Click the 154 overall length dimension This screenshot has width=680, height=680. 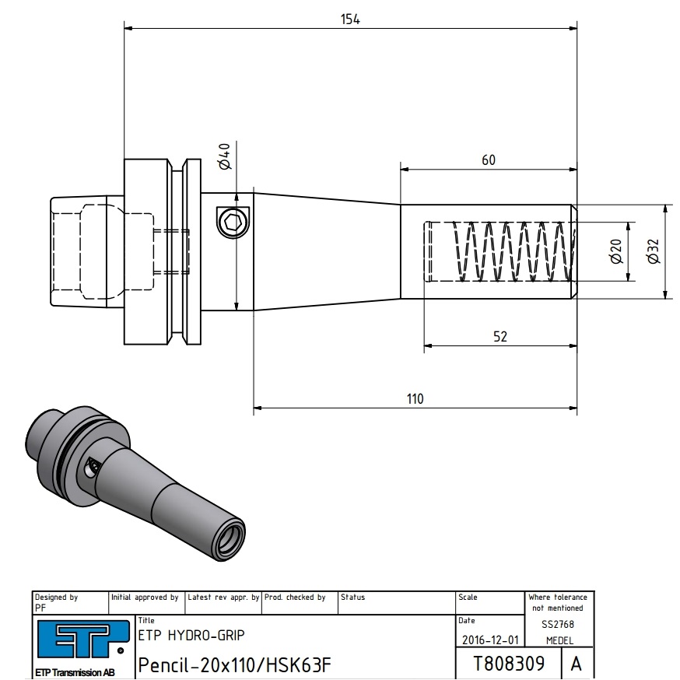350,19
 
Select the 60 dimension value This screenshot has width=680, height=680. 488,160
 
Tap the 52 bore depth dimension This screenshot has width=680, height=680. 499,337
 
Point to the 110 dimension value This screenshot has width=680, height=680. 415,399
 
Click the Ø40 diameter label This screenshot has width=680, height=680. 225,157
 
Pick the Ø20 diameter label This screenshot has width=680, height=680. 615,251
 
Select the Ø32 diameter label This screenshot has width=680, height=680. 652,251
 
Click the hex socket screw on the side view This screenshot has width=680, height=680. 231,223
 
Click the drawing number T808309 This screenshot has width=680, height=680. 508,664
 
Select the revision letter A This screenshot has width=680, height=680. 576,664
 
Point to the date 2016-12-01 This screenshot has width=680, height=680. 489,640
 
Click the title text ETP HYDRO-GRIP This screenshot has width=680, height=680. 191,635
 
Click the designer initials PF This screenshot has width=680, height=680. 40,607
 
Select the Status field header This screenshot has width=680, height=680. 352,598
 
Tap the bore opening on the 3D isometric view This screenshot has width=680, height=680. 231,538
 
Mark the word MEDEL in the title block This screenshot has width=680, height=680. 559,640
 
